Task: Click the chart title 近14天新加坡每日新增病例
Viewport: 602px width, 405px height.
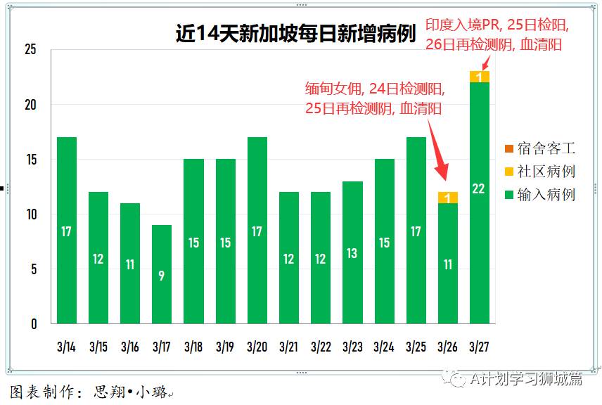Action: coord(295,34)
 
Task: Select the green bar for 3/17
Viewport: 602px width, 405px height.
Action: coord(162,274)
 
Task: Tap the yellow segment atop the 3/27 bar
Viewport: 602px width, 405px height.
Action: coord(480,77)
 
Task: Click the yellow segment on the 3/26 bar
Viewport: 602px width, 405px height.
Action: coord(447,198)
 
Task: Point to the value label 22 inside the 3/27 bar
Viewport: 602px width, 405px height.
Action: coord(480,188)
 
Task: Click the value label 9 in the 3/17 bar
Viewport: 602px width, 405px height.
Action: coord(162,276)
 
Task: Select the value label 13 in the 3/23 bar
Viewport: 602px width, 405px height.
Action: coord(352,253)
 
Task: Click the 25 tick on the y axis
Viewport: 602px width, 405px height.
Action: coord(30,50)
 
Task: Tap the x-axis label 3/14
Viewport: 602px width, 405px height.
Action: coord(66,347)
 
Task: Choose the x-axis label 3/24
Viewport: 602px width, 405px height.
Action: coord(384,347)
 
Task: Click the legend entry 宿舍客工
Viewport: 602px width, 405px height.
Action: coord(546,148)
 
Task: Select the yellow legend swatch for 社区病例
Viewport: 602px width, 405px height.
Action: coord(508,172)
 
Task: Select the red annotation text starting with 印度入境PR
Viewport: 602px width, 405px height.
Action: coord(497,34)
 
